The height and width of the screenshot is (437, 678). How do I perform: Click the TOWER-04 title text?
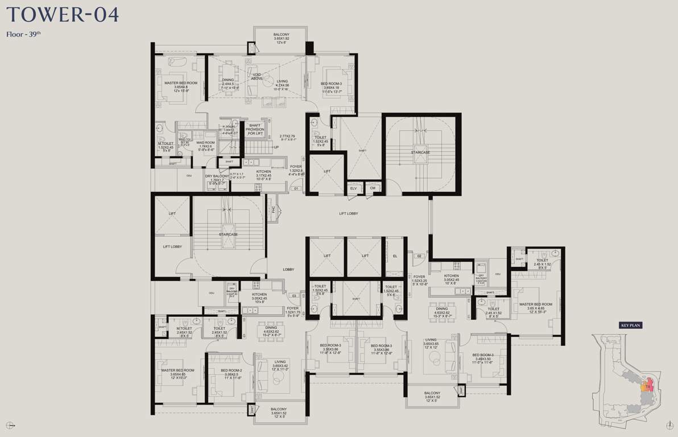(62, 14)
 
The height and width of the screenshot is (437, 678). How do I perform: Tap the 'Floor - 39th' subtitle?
(23, 34)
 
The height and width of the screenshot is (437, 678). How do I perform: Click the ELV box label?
(353, 188)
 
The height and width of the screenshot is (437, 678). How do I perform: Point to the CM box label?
(373, 188)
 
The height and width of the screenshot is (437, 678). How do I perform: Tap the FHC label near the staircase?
(274, 209)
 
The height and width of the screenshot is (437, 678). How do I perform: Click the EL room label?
(395, 256)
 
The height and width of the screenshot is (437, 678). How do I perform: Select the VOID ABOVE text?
(257, 76)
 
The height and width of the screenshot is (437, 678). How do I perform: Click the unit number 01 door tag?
(296, 188)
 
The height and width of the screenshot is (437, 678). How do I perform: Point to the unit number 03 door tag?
(294, 296)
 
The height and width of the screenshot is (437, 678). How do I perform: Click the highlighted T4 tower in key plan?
(648, 386)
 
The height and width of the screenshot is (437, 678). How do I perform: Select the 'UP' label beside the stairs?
(276, 147)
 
